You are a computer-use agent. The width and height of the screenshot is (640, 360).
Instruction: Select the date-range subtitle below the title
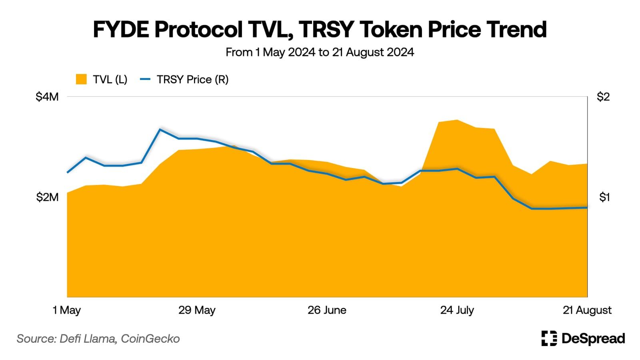tap(320, 52)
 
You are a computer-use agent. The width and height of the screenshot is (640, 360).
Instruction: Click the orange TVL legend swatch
tap(81, 79)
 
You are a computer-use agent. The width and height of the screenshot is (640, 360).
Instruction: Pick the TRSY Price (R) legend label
tap(192, 79)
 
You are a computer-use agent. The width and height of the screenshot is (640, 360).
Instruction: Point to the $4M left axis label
tap(47, 97)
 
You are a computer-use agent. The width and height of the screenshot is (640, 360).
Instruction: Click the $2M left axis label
tap(47, 197)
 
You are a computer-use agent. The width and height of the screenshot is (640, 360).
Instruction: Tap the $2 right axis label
tap(603, 97)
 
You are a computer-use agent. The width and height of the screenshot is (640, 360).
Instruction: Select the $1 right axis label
tap(604, 197)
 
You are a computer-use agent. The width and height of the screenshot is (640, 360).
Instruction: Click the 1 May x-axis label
tap(67, 310)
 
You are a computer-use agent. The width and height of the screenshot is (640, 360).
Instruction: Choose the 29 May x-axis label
tap(197, 310)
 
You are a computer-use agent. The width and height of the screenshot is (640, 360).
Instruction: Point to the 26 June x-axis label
tap(327, 310)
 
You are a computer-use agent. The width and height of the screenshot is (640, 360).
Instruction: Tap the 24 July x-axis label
tap(457, 310)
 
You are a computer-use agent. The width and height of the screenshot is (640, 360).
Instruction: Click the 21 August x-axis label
tap(587, 310)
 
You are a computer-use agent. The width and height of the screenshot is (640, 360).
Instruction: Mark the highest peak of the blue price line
tap(160, 129)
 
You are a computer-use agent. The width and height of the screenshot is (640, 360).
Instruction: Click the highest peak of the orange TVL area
tap(457, 120)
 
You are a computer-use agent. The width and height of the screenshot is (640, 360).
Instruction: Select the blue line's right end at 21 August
tap(587, 208)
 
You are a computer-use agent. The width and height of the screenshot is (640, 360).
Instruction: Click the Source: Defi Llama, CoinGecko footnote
tap(98, 339)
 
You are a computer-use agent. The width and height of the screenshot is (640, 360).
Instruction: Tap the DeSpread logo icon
tap(549, 338)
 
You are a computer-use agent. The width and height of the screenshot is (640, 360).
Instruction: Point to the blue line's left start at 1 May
tap(67, 172)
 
